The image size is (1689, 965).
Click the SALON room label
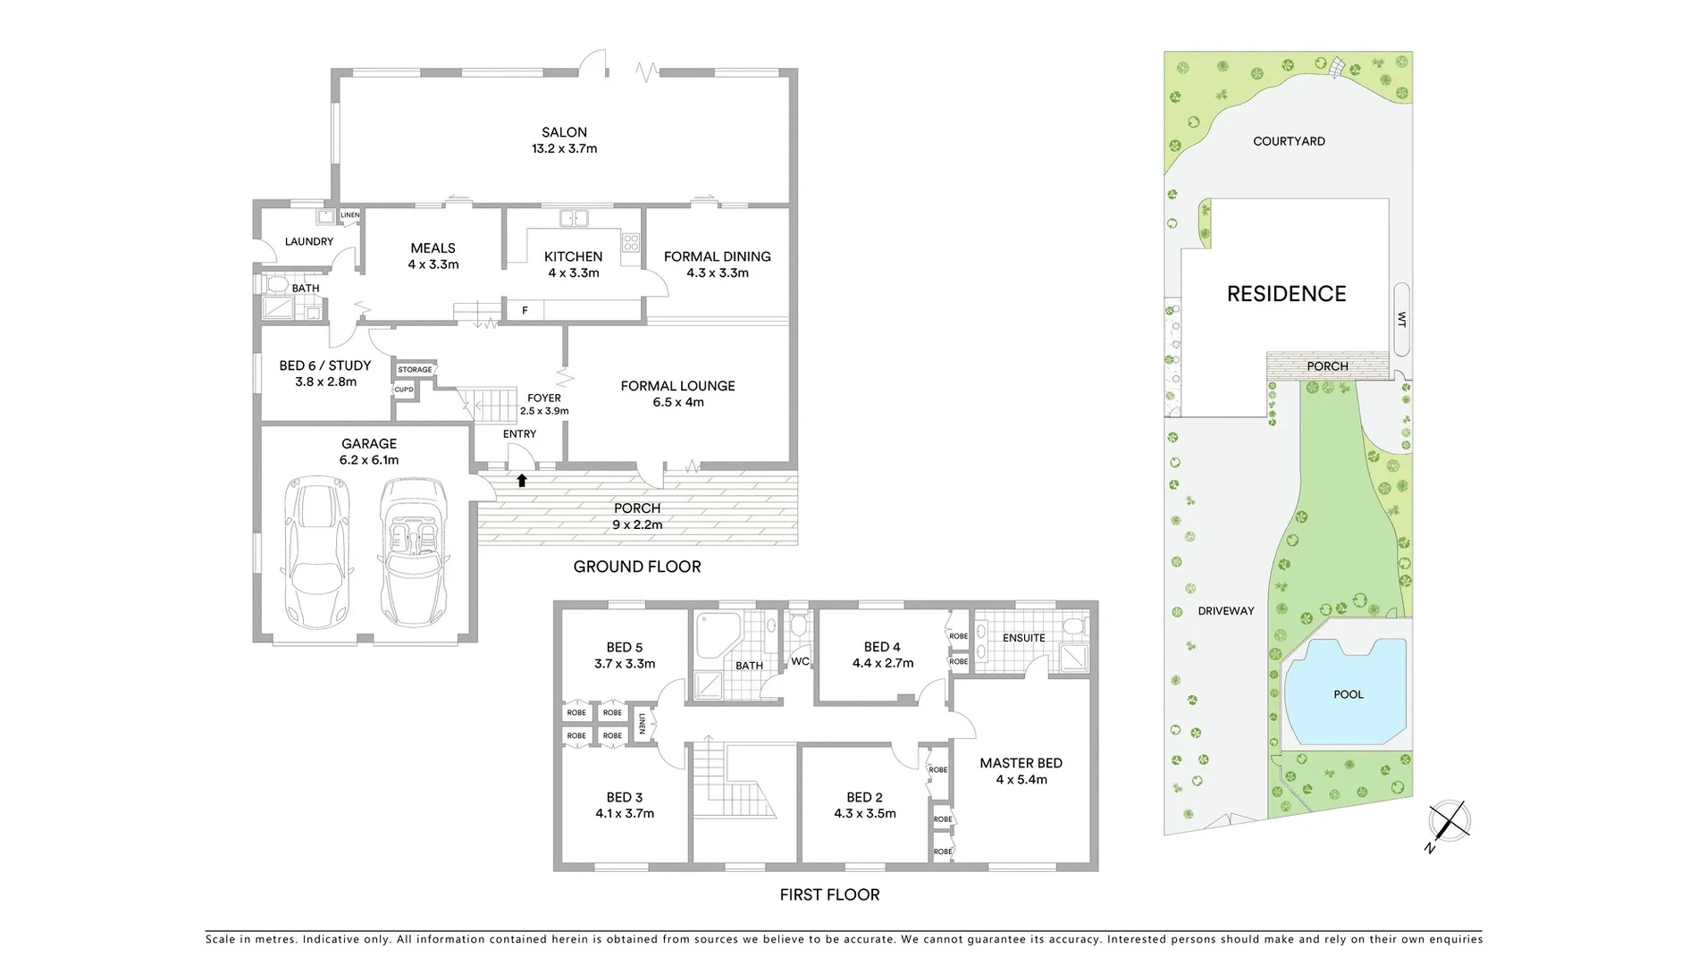[x=564, y=132]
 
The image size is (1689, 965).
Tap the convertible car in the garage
[x=413, y=552]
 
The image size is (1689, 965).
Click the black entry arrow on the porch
[x=522, y=481]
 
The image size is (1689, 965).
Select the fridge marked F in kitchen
[x=525, y=310]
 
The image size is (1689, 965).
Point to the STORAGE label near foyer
[x=415, y=369]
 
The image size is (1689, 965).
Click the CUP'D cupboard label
[x=404, y=390]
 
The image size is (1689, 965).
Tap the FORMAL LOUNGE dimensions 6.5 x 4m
[x=677, y=403]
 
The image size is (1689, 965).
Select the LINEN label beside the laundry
[x=349, y=215]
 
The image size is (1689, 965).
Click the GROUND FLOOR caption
[x=636, y=566]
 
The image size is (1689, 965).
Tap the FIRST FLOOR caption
[x=829, y=894]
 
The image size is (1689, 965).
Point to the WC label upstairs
[x=800, y=661]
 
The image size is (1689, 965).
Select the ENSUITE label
[x=1023, y=638]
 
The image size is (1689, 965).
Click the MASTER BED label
[x=1021, y=763]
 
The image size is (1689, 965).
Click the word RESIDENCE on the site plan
[x=1286, y=294]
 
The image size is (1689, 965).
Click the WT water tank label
[x=1401, y=319]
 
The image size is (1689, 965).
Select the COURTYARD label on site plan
[x=1289, y=141]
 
